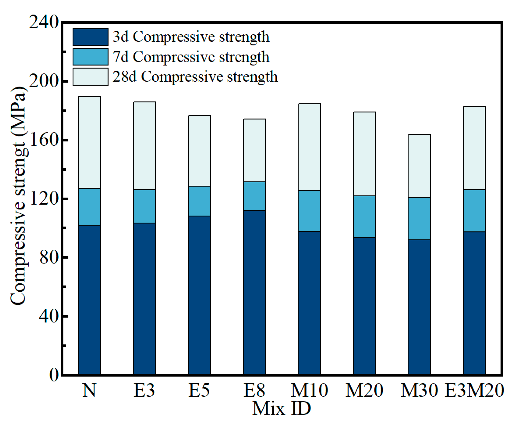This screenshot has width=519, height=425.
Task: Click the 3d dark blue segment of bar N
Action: click(x=89, y=300)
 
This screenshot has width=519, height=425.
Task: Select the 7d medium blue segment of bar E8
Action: click(x=254, y=196)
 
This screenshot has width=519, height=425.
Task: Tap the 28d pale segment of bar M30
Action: click(x=419, y=166)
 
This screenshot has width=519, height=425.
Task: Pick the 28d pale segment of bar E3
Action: click(x=144, y=146)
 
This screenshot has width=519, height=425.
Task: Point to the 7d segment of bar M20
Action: click(x=364, y=216)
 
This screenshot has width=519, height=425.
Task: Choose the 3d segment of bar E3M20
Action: click(x=474, y=303)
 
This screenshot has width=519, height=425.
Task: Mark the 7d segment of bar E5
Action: click(x=199, y=201)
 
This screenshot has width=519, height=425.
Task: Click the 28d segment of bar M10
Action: click(x=309, y=147)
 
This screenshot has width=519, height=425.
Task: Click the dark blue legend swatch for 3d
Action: click(x=90, y=37)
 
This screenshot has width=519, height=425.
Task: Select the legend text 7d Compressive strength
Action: click(x=191, y=57)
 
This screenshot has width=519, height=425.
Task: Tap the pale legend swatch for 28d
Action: click(x=90, y=77)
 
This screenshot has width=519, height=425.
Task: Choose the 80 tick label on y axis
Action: click(x=49, y=257)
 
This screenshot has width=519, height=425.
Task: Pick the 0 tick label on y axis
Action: click(x=54, y=375)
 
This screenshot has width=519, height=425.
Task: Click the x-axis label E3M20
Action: click(x=474, y=391)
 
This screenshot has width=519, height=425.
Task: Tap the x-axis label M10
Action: click(x=309, y=391)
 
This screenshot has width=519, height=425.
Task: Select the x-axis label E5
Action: click(x=199, y=391)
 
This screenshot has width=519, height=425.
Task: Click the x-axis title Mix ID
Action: click(x=282, y=409)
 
